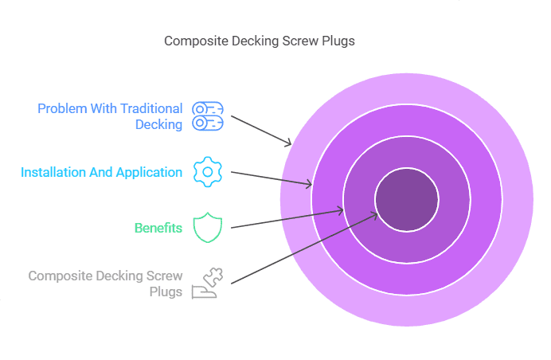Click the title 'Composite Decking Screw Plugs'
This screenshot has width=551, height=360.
click(x=260, y=41)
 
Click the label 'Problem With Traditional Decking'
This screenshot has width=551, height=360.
click(x=111, y=116)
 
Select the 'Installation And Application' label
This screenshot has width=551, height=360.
click(x=101, y=172)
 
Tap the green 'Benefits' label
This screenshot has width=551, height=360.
click(x=158, y=229)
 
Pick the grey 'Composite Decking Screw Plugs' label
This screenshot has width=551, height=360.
click(x=105, y=284)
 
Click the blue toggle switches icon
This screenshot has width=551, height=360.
click(x=208, y=116)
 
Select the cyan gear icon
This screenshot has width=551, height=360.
click(x=207, y=172)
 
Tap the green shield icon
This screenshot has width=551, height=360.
click(x=207, y=228)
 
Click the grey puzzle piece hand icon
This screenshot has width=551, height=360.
click(x=207, y=284)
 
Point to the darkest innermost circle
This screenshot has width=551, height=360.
click(x=406, y=200)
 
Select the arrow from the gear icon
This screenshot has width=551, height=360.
click(x=271, y=178)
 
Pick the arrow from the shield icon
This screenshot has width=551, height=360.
click(x=287, y=219)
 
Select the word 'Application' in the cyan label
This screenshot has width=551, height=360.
click(x=149, y=172)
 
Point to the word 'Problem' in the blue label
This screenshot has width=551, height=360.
click(x=61, y=108)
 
